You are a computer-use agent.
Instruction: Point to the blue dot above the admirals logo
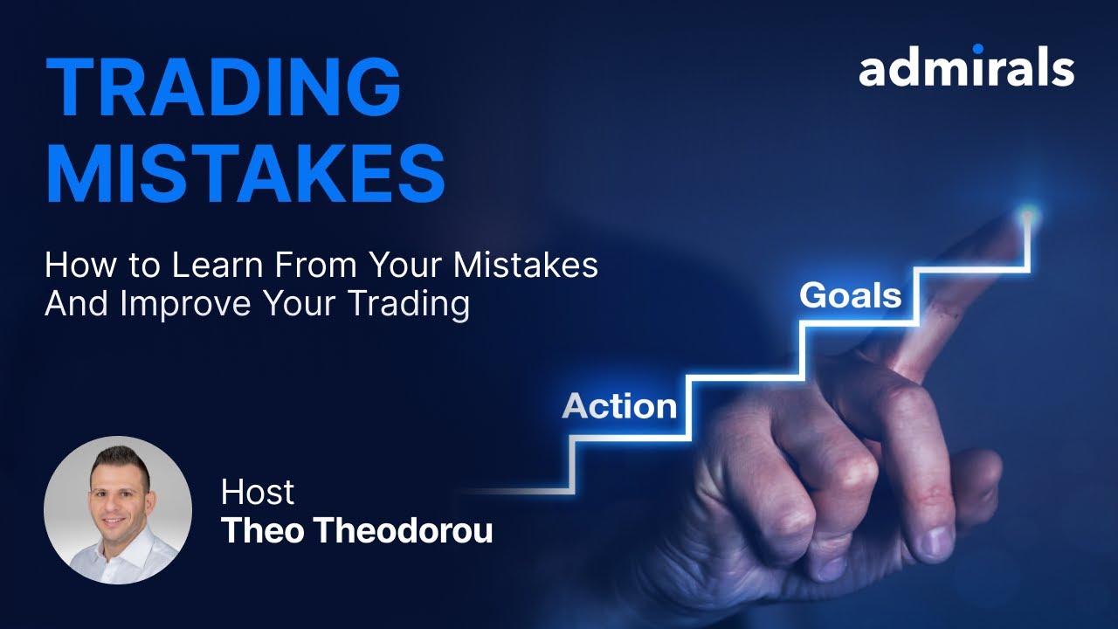(977, 50)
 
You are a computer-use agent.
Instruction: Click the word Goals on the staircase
(850, 295)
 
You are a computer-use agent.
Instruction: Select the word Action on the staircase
(619, 406)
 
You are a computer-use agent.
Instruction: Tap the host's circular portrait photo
(118, 509)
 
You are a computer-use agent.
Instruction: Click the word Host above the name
(258, 492)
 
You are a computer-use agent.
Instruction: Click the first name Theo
(259, 530)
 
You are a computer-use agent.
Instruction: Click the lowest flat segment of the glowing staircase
(515, 492)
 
